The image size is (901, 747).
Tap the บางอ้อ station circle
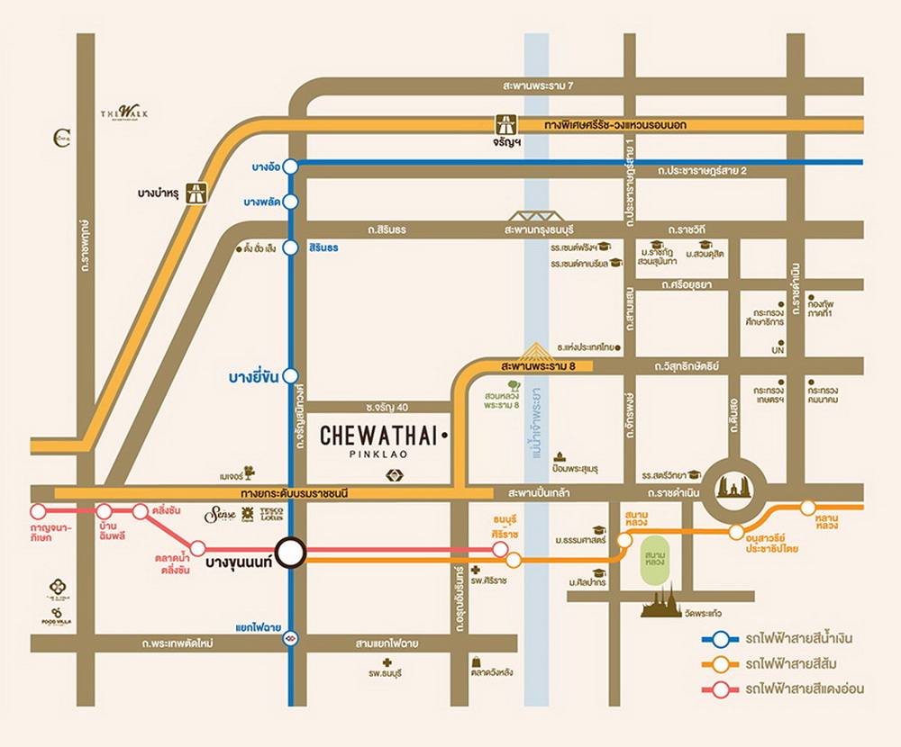tap(290, 166)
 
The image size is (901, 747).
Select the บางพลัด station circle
tap(290, 202)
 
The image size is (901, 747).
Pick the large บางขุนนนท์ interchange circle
tap(290, 553)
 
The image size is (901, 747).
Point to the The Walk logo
tap(124, 112)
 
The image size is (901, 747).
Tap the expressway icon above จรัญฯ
tap(505, 124)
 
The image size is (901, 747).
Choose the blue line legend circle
tap(721, 640)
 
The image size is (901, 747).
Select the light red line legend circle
tap(721, 690)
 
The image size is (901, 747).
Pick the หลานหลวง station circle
tap(807, 508)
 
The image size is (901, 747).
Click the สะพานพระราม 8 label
tap(539, 366)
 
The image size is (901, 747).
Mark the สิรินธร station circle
tap(290, 247)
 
